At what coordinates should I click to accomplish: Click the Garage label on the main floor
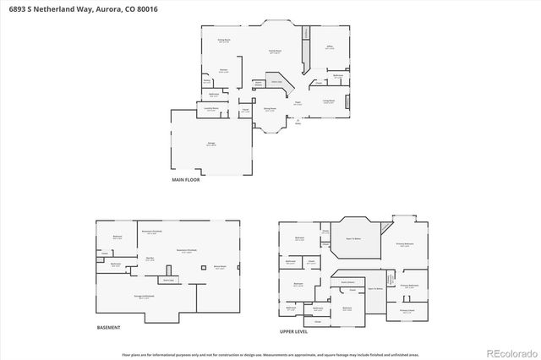tap(210, 145)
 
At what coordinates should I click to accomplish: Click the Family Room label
tap(275, 52)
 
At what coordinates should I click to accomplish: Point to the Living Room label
tap(327, 101)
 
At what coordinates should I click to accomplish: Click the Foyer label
tap(298, 104)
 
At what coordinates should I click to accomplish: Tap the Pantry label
tap(207, 81)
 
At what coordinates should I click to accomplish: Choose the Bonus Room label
tap(219, 267)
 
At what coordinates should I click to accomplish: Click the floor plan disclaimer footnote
tap(270, 356)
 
